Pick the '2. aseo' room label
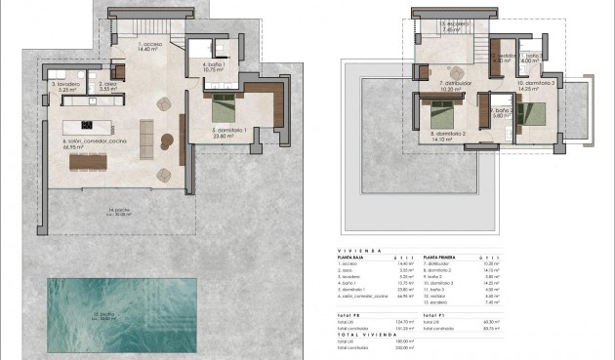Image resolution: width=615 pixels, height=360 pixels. pos(105,85)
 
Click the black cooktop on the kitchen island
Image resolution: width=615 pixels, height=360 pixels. pos(86,125)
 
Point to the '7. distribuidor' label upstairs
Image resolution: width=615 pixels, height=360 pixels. pos(456,83)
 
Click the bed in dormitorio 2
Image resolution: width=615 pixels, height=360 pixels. pos(434,107)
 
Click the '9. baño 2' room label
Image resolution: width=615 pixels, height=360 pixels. pos(501,111)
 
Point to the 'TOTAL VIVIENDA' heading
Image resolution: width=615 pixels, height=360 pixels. pos(370,335)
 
